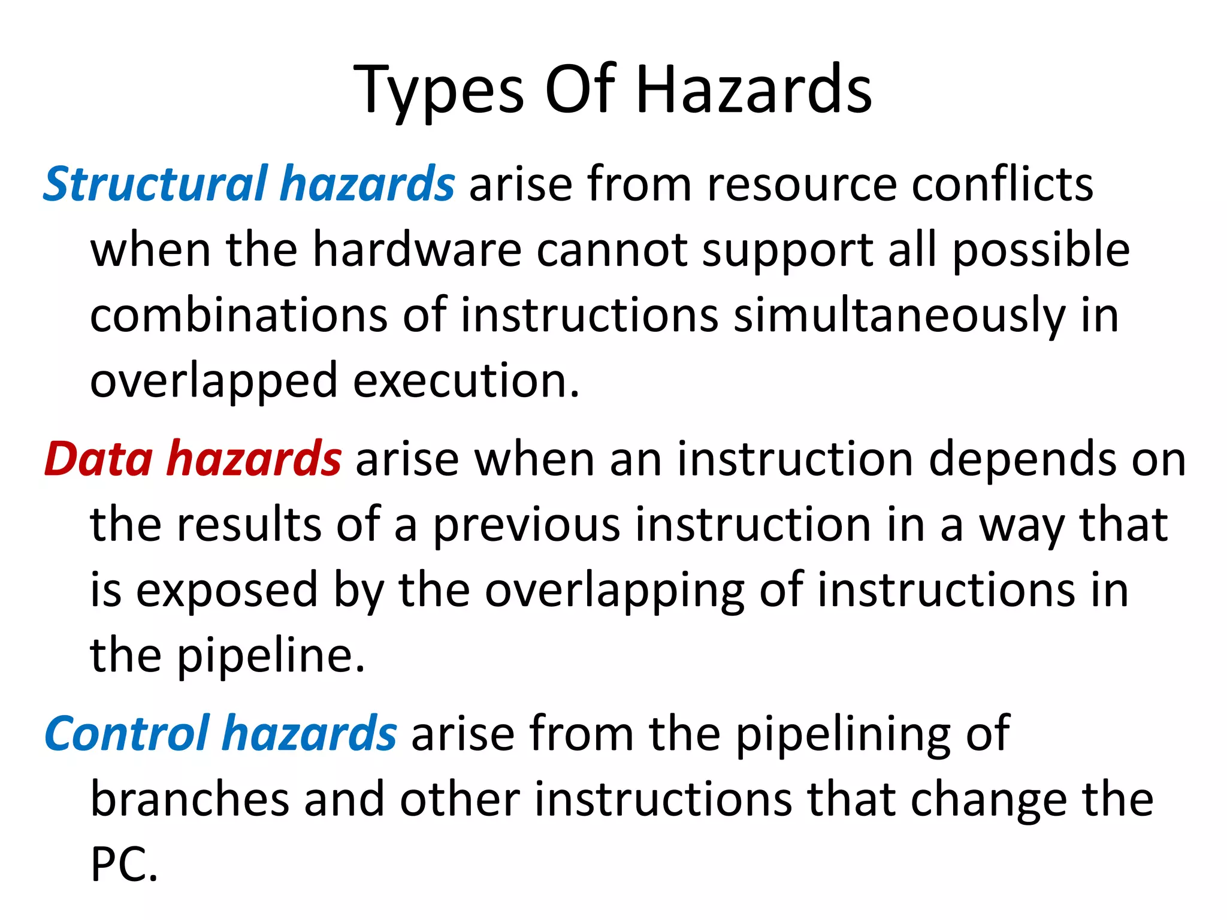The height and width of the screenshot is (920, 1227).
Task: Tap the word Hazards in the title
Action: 753,90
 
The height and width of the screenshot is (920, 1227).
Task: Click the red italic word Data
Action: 99,459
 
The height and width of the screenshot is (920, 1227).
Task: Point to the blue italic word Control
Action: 127,733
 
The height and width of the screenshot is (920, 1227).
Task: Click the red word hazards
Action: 254,459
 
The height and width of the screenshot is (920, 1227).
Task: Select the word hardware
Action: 417,249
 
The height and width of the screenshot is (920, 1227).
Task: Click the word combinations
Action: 238,315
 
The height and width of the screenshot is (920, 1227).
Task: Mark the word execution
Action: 466,381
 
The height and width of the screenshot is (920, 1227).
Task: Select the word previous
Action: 526,525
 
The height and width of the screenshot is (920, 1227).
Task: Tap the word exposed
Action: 226,591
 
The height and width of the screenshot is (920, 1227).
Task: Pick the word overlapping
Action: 614,591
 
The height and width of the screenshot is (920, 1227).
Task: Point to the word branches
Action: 190,799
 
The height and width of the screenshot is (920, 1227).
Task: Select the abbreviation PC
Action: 123,865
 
